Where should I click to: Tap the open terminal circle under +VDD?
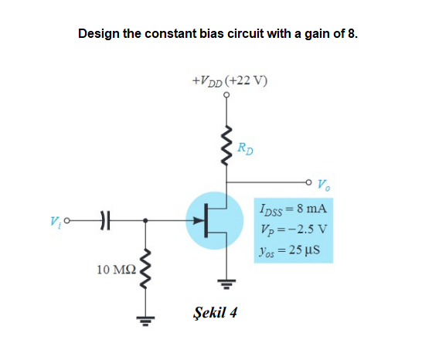[227, 95]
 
